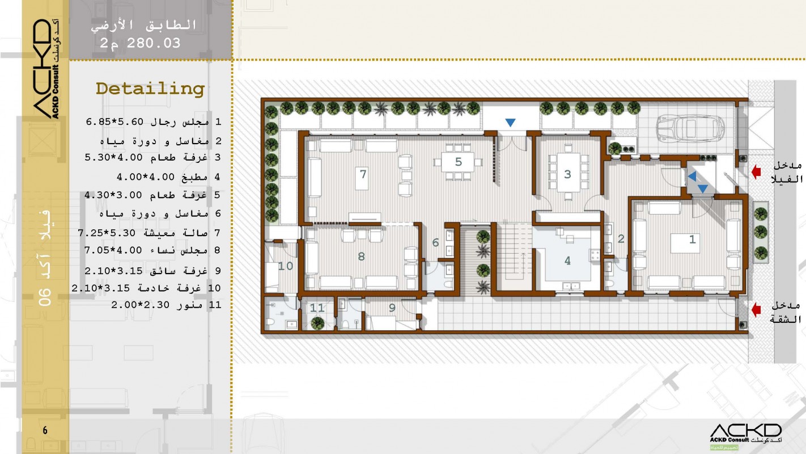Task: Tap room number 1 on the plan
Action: coord(692,239)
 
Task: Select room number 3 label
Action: coord(567,174)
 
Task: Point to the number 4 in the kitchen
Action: coord(567,260)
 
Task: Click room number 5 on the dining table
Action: coord(458,162)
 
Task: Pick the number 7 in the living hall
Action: coord(363,174)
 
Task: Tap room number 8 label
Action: coord(361,257)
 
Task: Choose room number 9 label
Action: coord(392,308)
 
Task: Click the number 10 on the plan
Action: coord(285,266)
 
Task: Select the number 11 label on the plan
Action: coord(317,308)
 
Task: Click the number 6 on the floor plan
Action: coord(435,243)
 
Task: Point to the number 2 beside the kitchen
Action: coord(621,238)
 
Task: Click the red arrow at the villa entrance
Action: coord(756,172)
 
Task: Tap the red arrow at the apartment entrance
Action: coord(756,310)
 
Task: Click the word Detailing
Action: coord(150,89)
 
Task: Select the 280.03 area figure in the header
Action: coord(154,44)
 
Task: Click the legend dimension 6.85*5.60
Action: coord(114,122)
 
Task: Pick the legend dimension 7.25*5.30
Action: coord(107,233)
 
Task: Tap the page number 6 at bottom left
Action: coord(45,430)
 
